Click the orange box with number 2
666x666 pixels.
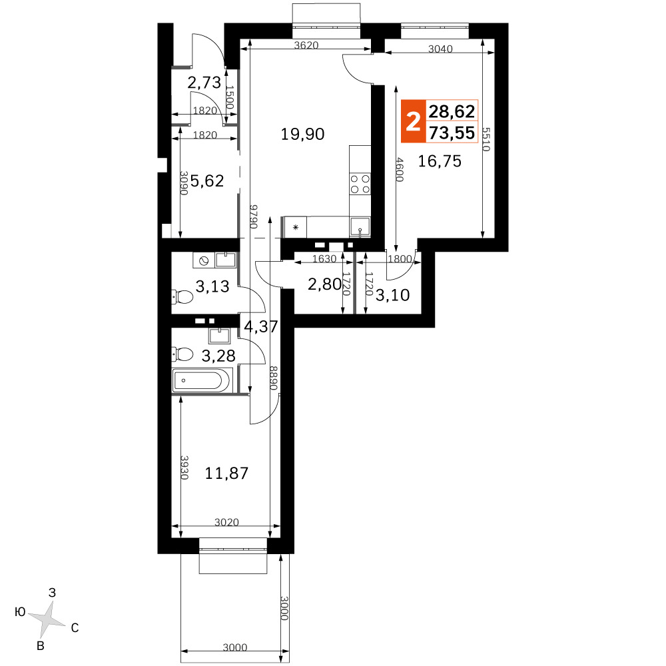point(414,121)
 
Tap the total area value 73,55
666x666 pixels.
point(452,133)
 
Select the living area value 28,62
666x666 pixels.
point(452,111)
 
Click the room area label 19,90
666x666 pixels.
point(302,135)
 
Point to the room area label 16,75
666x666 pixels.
point(440,161)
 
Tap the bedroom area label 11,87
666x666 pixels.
point(226,473)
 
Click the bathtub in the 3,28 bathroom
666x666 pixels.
point(202,380)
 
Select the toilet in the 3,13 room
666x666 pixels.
point(182,296)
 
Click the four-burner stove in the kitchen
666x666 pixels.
point(360,184)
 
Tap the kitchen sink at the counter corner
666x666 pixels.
point(360,227)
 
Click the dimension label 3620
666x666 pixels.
point(306,45)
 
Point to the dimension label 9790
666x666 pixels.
point(254,216)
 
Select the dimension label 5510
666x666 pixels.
point(486,140)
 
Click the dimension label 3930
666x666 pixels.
point(184,468)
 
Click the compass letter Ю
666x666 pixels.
point(20,612)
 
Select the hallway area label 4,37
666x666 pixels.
point(261,326)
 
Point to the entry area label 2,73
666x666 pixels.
point(204,83)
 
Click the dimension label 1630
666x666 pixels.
point(324,258)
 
